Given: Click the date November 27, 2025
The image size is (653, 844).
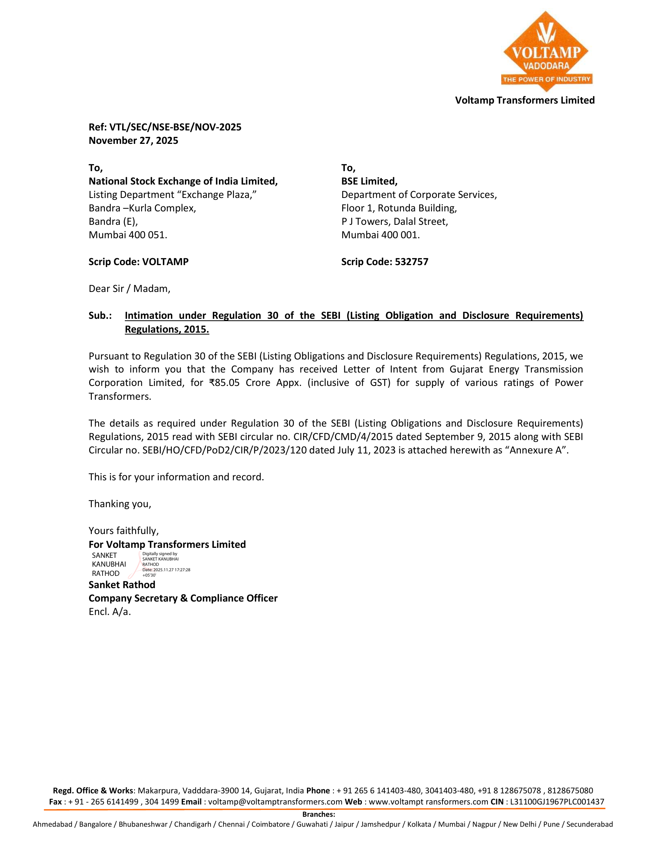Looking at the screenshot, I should [x=133, y=141].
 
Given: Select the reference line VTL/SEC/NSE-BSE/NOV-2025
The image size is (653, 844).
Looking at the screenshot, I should [x=175, y=127].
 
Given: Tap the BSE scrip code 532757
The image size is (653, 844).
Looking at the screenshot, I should [x=412, y=262].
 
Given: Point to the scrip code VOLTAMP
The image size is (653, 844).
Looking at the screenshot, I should [x=165, y=262].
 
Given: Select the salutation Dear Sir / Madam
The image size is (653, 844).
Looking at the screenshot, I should [x=129, y=288].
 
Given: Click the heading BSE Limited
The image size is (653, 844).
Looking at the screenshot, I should [x=369, y=181].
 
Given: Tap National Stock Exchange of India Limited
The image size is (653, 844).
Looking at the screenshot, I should [x=183, y=181].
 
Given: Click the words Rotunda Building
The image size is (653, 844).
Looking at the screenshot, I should [x=417, y=208].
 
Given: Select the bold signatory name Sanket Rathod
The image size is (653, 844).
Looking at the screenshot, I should [x=122, y=585].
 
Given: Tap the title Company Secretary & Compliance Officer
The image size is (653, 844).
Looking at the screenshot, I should [x=183, y=598].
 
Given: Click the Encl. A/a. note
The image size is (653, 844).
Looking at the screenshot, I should [x=110, y=612].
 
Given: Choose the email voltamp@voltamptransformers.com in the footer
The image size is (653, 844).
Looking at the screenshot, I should [x=275, y=802].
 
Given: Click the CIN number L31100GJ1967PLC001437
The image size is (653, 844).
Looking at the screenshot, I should [x=557, y=802].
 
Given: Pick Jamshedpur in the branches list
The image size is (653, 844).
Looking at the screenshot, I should [x=380, y=824].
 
